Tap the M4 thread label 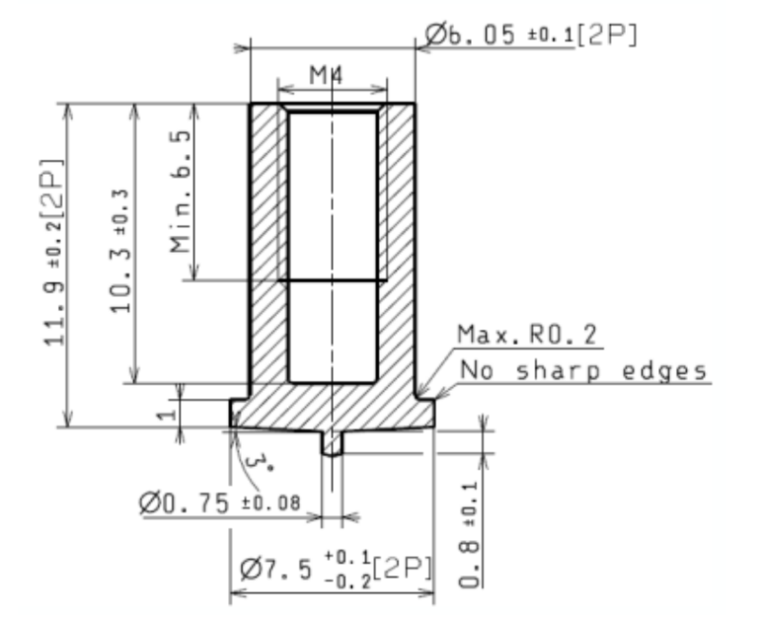click(x=325, y=75)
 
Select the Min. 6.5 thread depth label click(x=181, y=191)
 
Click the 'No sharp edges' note click(x=584, y=371)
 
